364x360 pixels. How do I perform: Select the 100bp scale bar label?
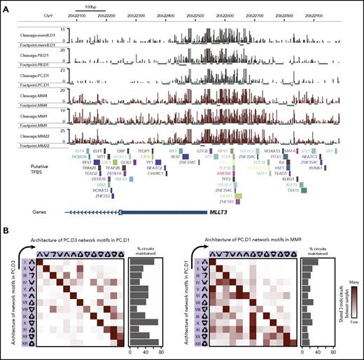click(86, 6)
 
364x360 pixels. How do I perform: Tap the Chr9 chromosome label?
click(49, 13)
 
